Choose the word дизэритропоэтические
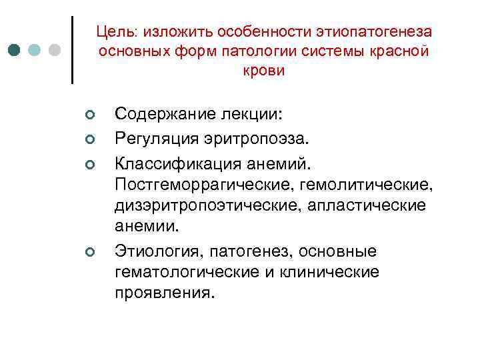pyautogui.click(x=207, y=205)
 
